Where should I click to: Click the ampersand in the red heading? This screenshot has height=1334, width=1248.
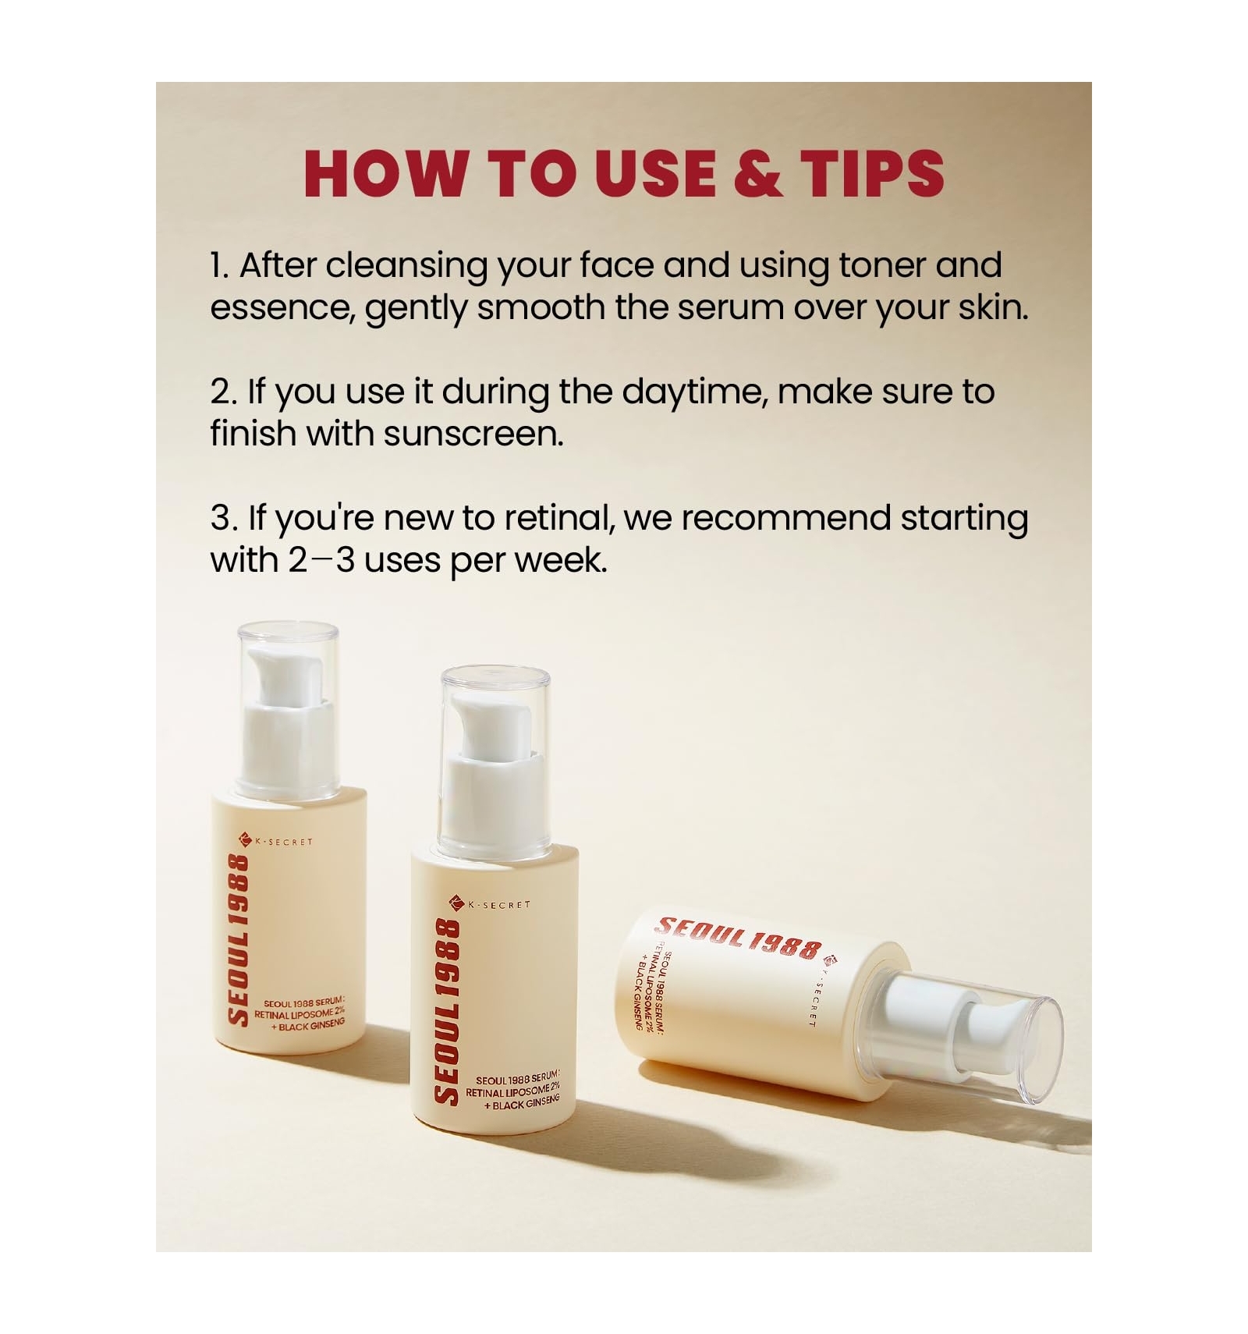tap(757, 172)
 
